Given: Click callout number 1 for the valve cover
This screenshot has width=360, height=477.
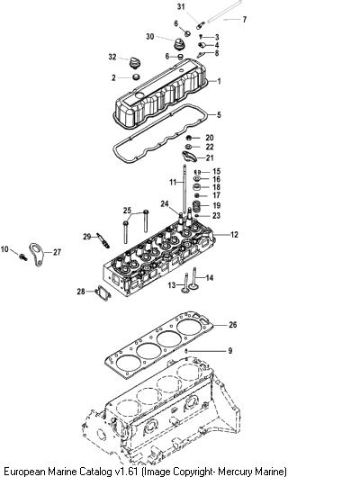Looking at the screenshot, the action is [219, 81].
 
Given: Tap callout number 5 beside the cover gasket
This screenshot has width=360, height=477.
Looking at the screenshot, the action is [219, 115].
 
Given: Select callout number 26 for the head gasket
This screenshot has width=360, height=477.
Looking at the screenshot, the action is [232, 325].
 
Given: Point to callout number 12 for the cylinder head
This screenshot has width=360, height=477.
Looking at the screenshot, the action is [234, 235].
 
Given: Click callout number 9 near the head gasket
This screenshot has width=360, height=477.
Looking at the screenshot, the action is [230, 351].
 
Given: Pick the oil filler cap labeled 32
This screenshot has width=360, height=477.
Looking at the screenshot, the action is [134, 62].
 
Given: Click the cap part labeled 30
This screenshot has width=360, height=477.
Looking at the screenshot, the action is [178, 44].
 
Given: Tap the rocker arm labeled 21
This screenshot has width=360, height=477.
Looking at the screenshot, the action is [189, 157].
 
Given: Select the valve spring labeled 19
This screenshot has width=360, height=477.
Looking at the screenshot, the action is [197, 206].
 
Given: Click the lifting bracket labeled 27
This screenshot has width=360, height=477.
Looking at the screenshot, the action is [37, 255].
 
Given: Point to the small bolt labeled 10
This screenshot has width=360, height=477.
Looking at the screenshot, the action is [22, 256].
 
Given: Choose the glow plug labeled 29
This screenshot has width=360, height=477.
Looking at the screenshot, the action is [103, 240].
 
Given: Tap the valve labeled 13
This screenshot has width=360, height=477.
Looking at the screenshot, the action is [185, 283].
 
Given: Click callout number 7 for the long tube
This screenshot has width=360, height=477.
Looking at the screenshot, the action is [244, 20].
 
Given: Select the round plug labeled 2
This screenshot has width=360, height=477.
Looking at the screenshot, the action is [136, 76].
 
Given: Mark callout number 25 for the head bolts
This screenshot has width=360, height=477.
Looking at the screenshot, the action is [127, 211].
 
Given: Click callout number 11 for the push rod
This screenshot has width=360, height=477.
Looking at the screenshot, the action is [173, 182].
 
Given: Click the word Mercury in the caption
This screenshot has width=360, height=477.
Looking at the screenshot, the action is [236, 472].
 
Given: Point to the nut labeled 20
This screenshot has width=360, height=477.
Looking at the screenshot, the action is [189, 138].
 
